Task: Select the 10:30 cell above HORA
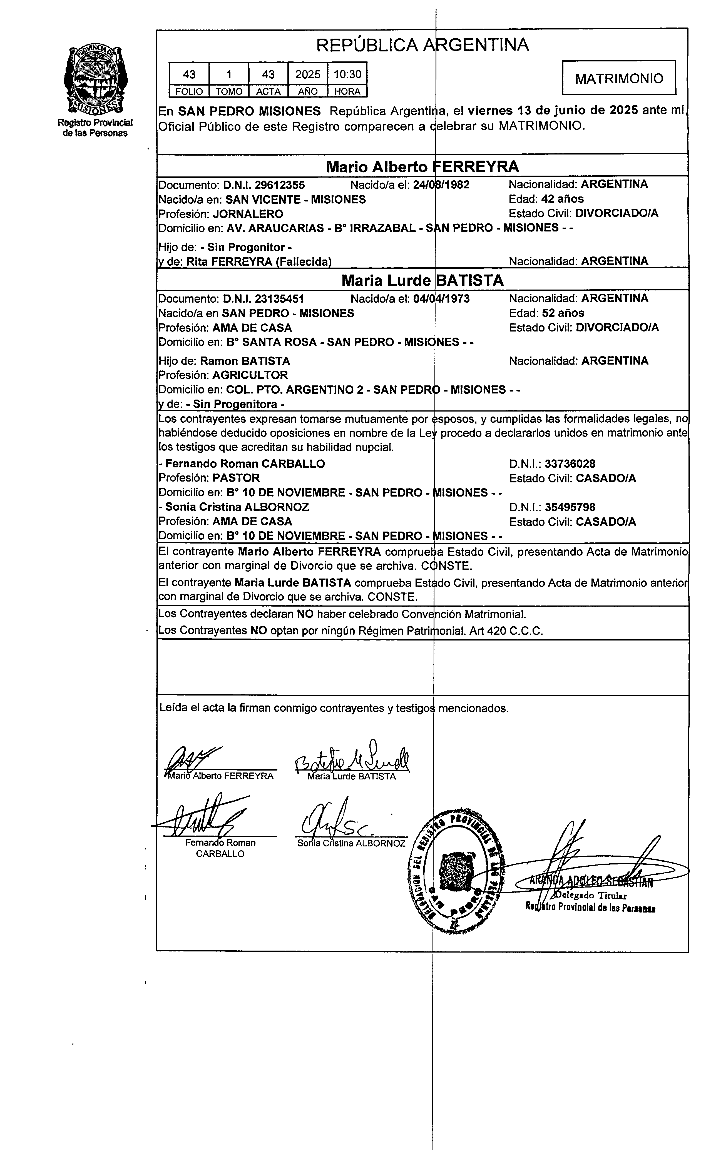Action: click(x=347, y=74)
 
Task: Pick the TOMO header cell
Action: click(x=229, y=91)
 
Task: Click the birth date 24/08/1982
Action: click(x=441, y=185)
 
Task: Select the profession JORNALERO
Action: click(x=248, y=214)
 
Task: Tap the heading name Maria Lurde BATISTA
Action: click(x=422, y=280)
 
